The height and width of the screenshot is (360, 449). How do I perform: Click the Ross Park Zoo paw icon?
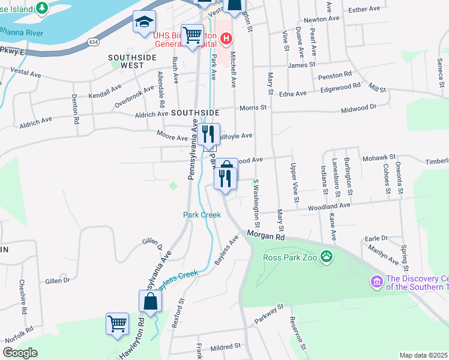(327, 257)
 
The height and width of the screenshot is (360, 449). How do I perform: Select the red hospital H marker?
(226, 40)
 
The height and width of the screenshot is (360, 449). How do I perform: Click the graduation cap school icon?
(144, 22)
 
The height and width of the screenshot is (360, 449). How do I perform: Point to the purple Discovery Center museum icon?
(376, 281)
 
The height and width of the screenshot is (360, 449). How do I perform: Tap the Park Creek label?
(197, 215)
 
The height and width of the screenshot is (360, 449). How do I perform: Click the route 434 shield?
(93, 41)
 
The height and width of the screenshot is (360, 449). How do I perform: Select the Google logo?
(20, 352)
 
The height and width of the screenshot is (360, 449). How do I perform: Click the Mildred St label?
(225, 346)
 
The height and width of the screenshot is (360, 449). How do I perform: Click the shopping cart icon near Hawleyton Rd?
(117, 323)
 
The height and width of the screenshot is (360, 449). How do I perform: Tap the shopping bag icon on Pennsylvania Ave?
(150, 301)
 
